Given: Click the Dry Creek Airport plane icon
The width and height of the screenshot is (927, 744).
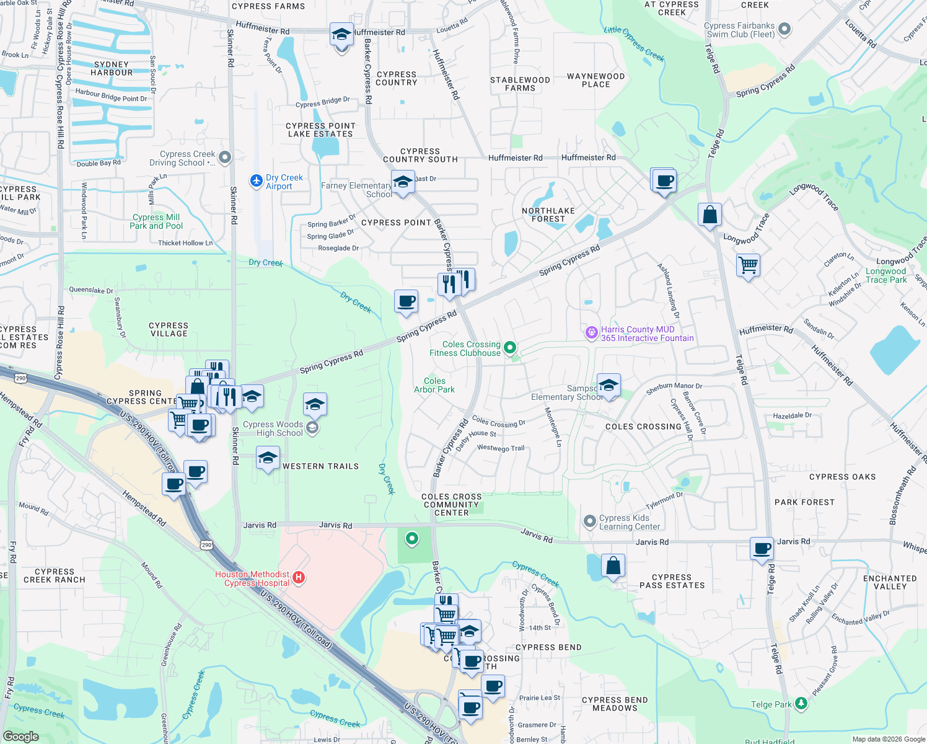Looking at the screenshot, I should [256, 180].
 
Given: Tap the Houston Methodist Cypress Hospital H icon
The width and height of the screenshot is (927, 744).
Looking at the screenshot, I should [299, 578].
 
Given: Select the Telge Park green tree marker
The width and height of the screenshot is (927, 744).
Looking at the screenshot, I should [801, 703].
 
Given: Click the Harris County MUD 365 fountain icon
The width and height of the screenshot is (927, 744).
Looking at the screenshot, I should [591, 333].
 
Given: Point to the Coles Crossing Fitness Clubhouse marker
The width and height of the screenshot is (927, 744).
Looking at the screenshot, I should [510, 348].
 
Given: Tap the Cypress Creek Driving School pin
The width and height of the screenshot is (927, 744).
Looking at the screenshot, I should [225, 157].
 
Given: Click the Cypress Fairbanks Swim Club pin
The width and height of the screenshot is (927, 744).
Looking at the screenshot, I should [784, 29].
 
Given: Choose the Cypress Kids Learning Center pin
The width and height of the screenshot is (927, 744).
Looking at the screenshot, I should [590, 521].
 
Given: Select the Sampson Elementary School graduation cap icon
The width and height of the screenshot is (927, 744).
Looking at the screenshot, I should [608, 385].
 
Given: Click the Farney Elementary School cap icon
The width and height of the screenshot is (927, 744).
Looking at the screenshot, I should [403, 182].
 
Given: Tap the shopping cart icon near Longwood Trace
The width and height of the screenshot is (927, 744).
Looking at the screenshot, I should [748, 265].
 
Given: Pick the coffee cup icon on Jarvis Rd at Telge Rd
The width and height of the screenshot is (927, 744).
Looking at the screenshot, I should [762, 548].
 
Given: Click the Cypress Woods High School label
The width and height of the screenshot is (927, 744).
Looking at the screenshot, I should [273, 428].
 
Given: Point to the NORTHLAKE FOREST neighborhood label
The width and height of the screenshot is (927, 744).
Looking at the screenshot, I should [548, 215].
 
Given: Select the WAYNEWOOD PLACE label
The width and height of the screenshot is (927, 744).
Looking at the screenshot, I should [595, 80].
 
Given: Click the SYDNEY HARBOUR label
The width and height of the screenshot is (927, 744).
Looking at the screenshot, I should [112, 68].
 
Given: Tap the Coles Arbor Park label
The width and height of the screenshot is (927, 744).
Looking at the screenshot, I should [434, 385].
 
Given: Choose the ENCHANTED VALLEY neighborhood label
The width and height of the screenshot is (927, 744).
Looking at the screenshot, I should [889, 582].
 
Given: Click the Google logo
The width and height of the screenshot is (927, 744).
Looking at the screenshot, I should [20, 736].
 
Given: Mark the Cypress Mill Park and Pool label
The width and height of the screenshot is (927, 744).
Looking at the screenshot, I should [156, 221].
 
